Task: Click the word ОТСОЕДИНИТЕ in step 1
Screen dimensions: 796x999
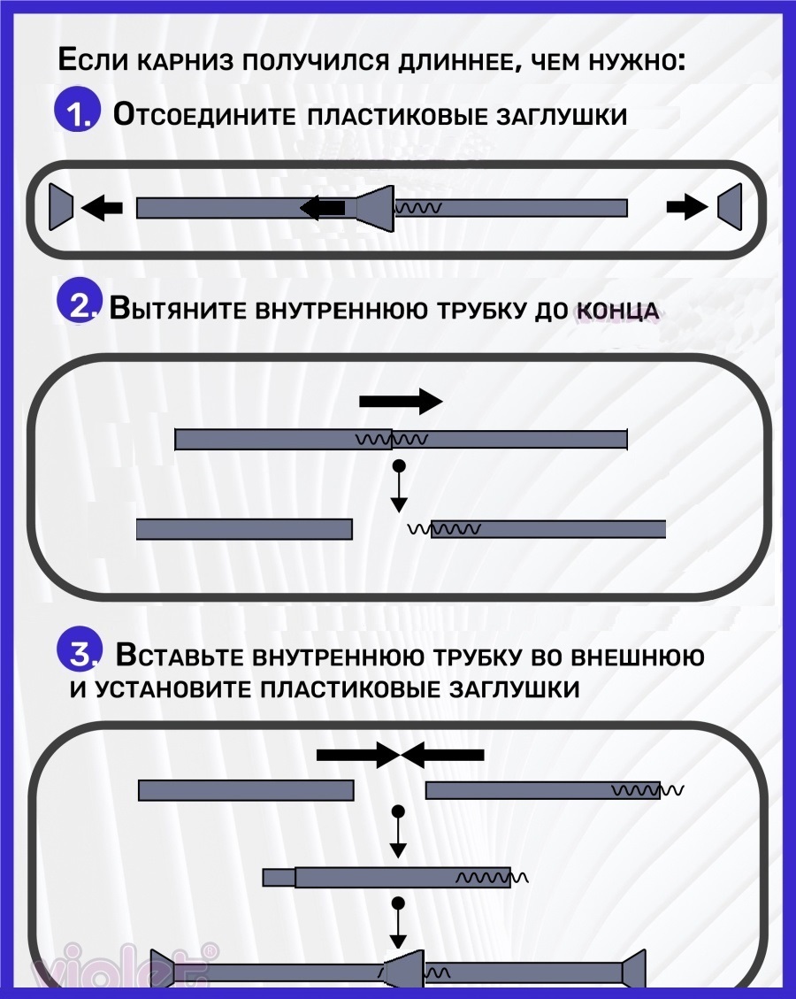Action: pyautogui.click(x=204, y=115)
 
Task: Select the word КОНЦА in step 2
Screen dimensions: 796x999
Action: pyautogui.click(x=617, y=311)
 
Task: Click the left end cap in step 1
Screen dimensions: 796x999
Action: pyautogui.click(x=61, y=206)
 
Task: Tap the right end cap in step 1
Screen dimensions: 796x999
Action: pyautogui.click(x=731, y=206)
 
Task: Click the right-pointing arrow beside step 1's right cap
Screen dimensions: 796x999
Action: pyautogui.click(x=687, y=206)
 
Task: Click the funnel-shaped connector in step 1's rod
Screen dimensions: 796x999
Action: pyautogui.click(x=375, y=208)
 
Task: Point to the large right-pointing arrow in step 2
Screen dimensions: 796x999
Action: pyautogui.click(x=401, y=402)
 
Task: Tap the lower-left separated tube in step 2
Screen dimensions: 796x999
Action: pyautogui.click(x=244, y=529)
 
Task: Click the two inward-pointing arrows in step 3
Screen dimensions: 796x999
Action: pyautogui.click(x=400, y=755)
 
